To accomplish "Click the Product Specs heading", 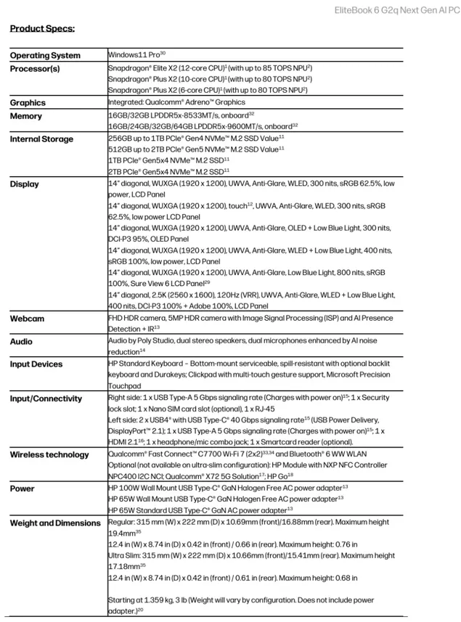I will coord(42,29).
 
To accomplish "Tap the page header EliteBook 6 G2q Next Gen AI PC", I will coord(396,9).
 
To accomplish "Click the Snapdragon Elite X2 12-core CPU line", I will coord(210,67).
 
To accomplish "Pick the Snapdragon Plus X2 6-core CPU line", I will coord(208,90).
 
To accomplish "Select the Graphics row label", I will coord(28,103).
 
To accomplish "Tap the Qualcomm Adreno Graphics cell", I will coord(176,102).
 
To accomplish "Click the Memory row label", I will coord(26,116).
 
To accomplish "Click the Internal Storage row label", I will coord(41,139).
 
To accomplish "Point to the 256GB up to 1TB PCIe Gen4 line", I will coord(196,137).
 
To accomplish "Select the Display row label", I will coord(25,184).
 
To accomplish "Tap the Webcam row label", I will coord(27,319).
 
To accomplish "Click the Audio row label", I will coord(21,341).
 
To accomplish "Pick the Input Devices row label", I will coord(36,364).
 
